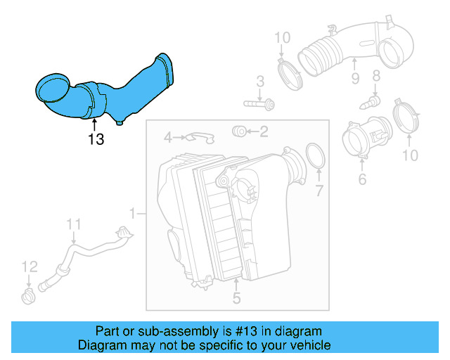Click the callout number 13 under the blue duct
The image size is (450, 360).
pos(96,139)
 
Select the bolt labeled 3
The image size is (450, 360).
pos(259,104)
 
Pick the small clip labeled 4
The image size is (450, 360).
pos(200,136)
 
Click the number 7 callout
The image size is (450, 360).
pos(319,190)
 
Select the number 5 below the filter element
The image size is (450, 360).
pos(236,298)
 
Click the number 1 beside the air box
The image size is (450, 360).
pos(132,212)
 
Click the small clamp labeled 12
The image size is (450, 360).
pos(27,294)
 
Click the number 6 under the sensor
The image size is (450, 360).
pos(362,180)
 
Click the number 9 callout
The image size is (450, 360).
pos(355,77)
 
